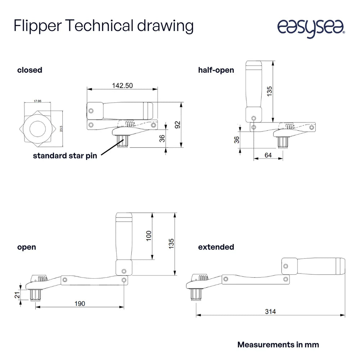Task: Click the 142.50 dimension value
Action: point(122,86)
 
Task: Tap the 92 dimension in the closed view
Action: point(177,125)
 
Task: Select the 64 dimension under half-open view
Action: point(268,155)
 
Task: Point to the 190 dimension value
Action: point(80,304)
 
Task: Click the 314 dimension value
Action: point(270,312)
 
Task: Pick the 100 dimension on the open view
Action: point(149,235)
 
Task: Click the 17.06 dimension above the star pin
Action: point(37,102)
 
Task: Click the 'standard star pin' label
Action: point(65,156)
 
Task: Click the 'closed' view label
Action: point(30,70)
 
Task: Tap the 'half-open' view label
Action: point(216,70)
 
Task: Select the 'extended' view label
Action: point(216,247)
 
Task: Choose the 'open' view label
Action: point(27,247)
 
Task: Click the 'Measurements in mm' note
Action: point(278,345)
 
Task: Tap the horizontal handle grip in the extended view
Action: point(320,265)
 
